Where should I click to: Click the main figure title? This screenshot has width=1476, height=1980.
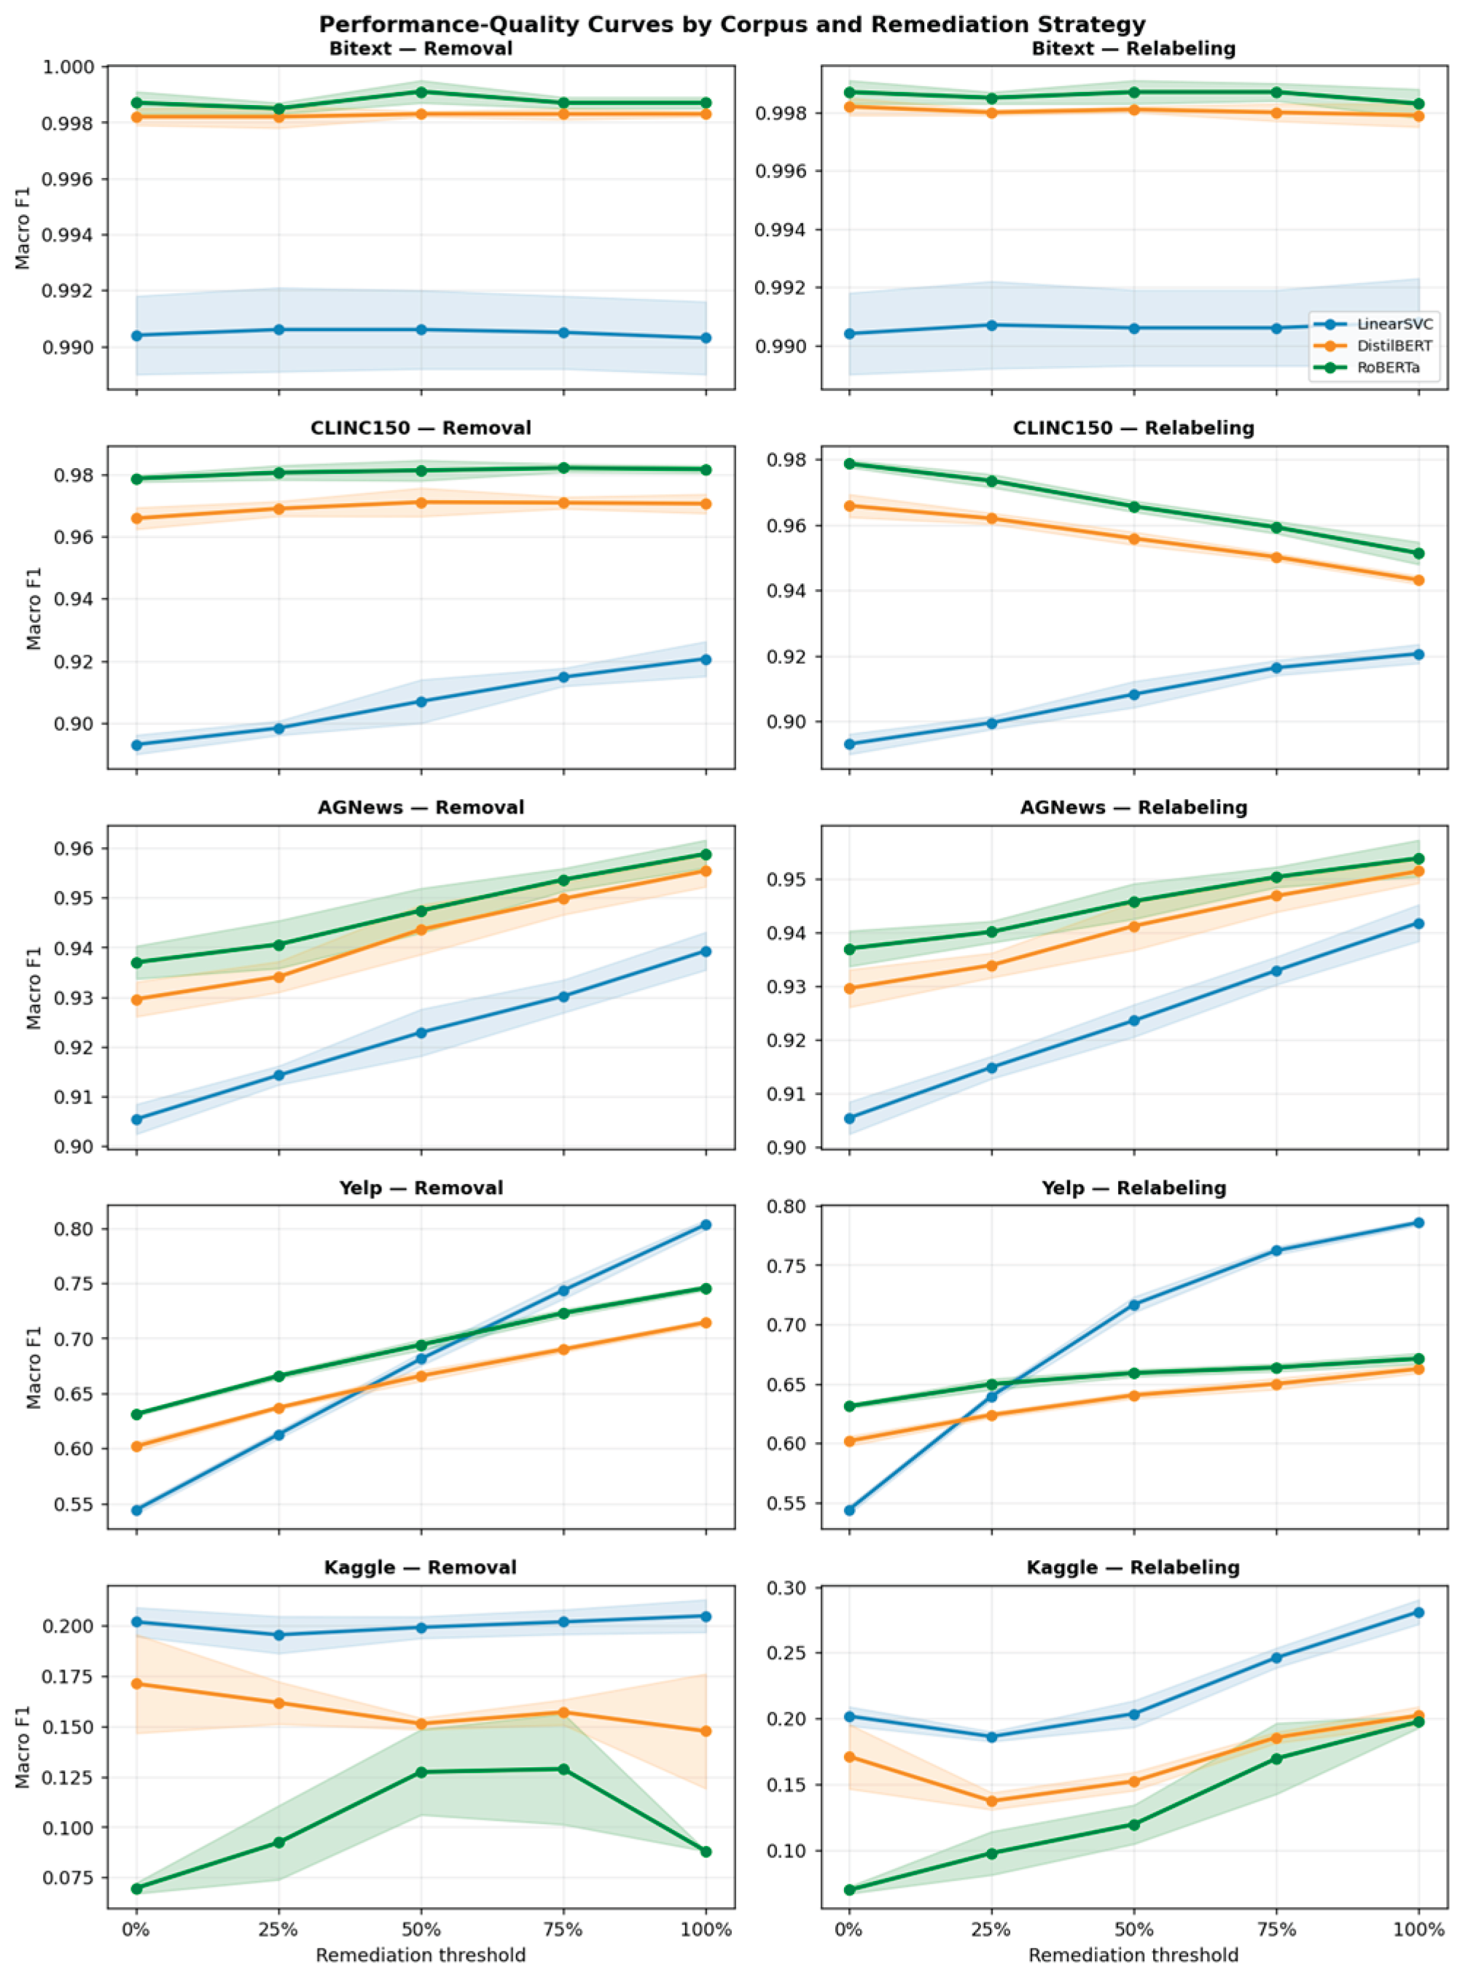pos(733,24)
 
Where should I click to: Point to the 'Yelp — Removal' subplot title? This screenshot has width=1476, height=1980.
pos(421,1188)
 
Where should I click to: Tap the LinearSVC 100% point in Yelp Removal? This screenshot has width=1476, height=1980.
pos(706,1225)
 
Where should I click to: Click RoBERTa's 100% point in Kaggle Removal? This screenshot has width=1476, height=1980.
pos(706,1852)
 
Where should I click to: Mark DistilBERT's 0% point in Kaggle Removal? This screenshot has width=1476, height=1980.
pos(137,1684)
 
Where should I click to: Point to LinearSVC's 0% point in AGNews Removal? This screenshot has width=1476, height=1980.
pos(137,1118)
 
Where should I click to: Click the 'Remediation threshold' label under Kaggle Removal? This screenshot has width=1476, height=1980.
pos(421,1955)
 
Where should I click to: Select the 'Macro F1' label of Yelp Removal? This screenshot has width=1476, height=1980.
pos(34,1368)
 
